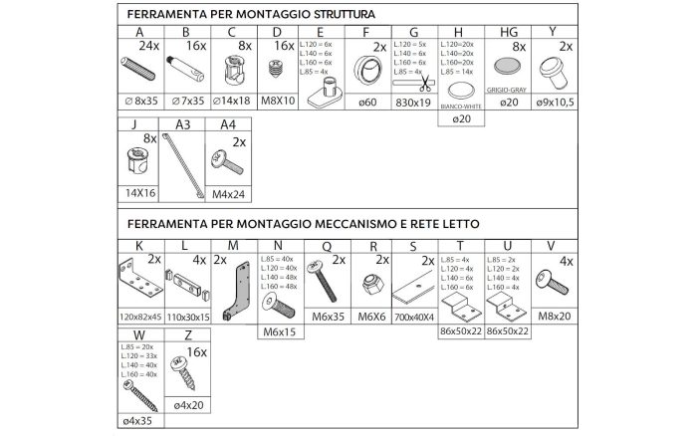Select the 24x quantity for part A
coord(150,46)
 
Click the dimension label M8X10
coord(278,100)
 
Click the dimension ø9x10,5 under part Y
coord(566,100)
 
